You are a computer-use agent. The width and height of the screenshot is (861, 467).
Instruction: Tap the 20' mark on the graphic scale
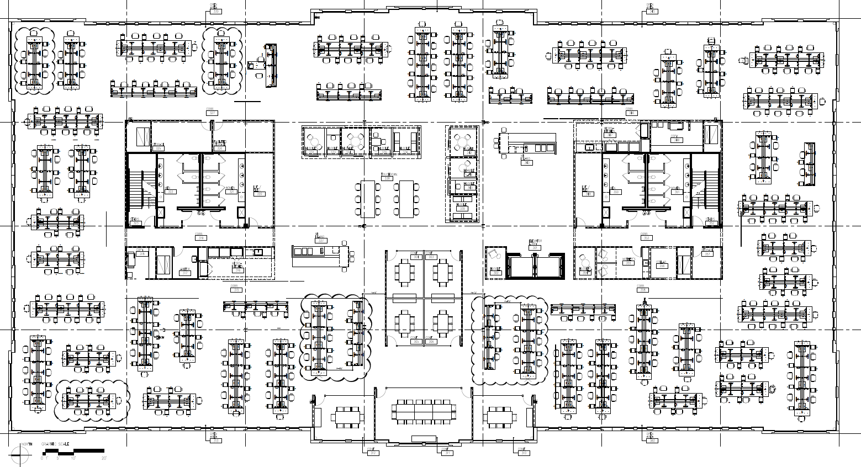click(104, 457)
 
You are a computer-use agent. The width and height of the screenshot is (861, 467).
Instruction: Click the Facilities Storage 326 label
click(220, 146)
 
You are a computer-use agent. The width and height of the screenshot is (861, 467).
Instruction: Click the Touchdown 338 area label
click(387, 177)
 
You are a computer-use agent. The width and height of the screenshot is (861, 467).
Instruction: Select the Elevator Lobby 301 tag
click(535, 245)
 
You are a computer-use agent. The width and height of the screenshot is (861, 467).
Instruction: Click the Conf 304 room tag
click(415, 256)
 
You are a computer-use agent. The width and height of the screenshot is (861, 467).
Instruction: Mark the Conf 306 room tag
click(431, 341)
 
